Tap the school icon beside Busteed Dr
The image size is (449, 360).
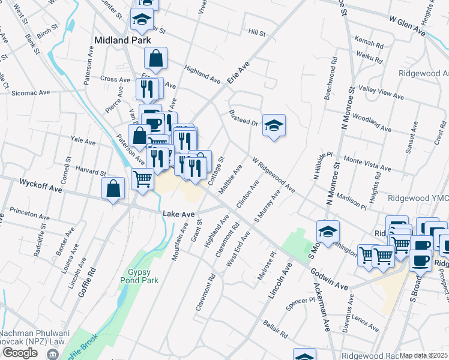tap(274, 125)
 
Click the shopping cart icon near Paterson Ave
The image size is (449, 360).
tap(142, 178)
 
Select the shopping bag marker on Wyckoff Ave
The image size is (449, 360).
tap(113, 189)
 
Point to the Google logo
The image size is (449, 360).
tap(19, 352)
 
